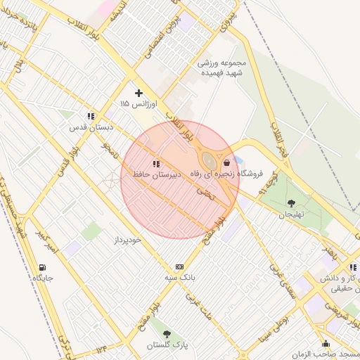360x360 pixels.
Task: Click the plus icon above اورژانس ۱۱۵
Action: [x=139, y=92]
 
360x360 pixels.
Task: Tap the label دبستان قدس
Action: [x=91, y=127]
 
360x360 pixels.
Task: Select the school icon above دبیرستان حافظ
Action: [x=156, y=163]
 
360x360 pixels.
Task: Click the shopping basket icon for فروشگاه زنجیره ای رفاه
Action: [x=226, y=162]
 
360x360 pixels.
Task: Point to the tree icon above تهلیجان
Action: [x=291, y=203]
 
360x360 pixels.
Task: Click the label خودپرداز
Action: [x=128, y=240]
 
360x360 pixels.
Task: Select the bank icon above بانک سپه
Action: [x=180, y=266]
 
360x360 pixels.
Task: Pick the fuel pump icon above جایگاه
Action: [x=43, y=267]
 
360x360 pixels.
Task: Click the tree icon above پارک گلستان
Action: [x=167, y=334]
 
